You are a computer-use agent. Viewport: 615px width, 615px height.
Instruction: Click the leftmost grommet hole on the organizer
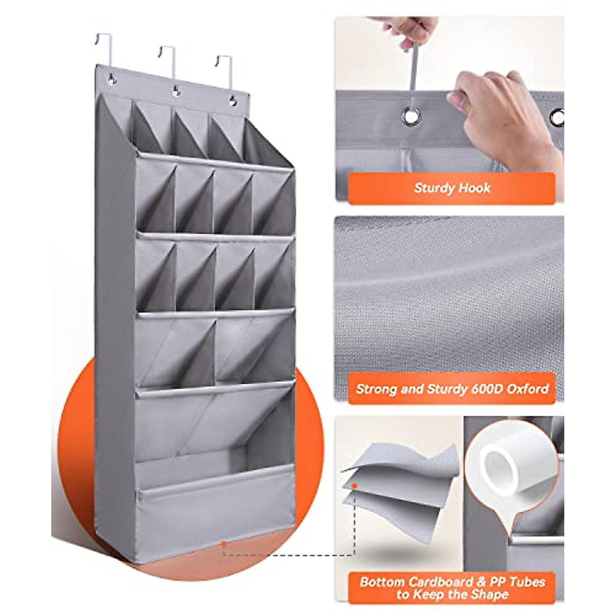point(111,79)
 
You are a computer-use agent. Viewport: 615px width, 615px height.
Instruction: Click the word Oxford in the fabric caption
point(528,388)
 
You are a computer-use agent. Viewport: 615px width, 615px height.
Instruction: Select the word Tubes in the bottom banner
point(527,582)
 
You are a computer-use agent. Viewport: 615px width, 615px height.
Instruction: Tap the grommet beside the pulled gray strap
point(411,116)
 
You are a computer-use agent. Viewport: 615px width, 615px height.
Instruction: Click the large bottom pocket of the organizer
point(215,507)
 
